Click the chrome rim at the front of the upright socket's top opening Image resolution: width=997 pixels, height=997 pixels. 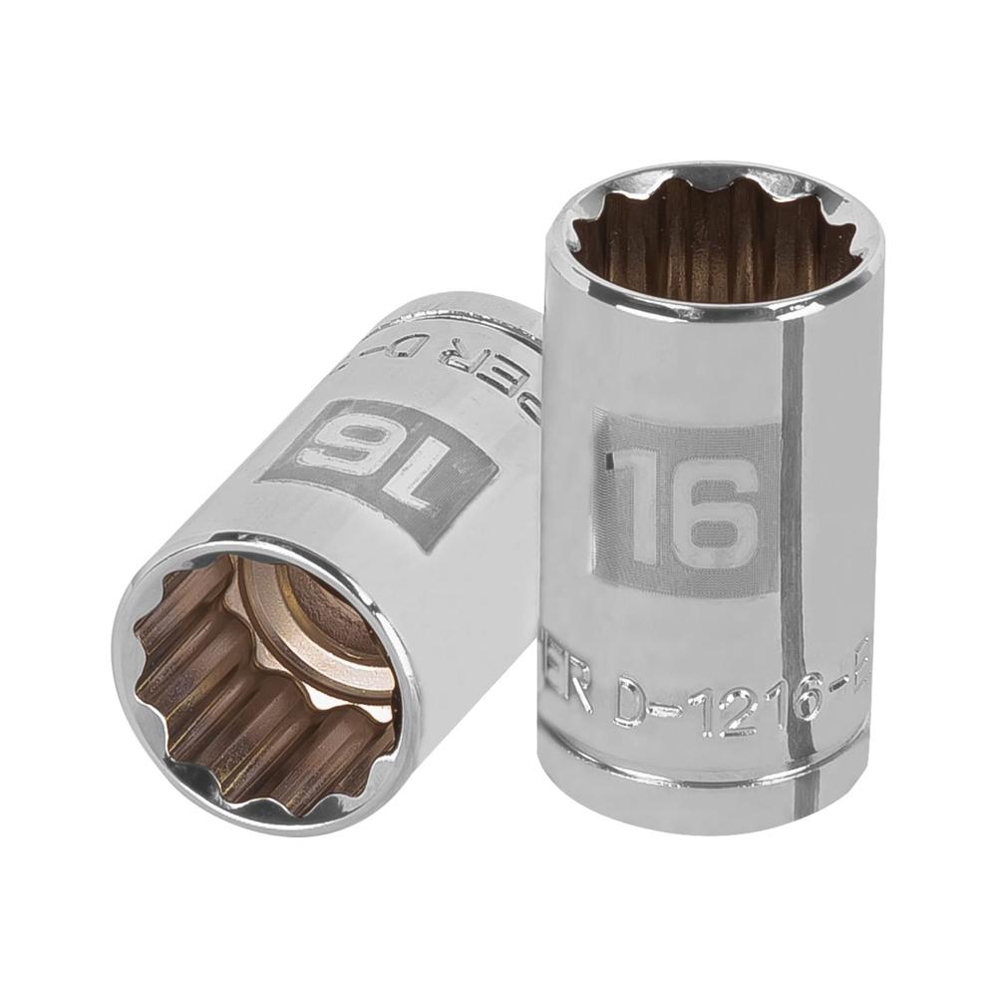tap(698, 311)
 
